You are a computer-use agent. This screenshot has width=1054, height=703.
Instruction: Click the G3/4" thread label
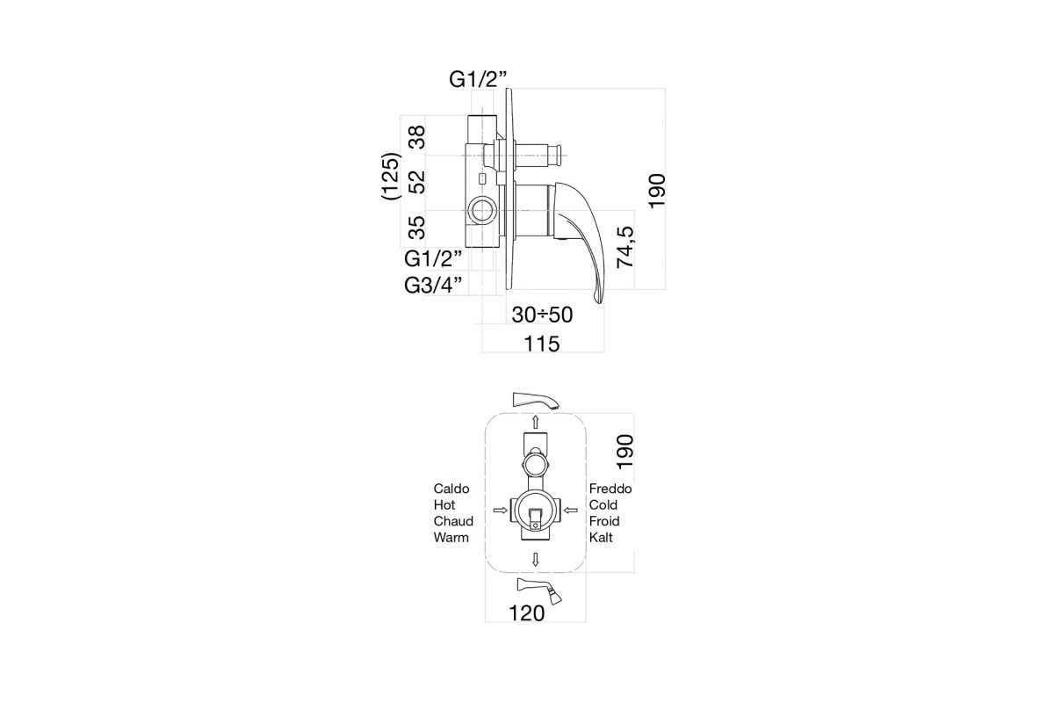(433, 285)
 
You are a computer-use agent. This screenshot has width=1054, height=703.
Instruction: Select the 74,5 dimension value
(625, 247)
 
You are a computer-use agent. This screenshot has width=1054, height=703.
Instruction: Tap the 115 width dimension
(542, 344)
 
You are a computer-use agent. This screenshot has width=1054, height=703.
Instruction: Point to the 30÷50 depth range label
(542, 315)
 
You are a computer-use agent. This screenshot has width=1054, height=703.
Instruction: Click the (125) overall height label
(392, 176)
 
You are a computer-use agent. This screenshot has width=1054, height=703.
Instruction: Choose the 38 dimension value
(417, 137)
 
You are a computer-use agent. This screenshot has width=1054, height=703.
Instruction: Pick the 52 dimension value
(417, 182)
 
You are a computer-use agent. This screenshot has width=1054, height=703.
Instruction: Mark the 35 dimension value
(417, 228)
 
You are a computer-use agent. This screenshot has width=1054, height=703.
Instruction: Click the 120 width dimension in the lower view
(526, 613)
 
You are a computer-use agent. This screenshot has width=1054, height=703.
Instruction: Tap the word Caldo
(451, 489)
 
